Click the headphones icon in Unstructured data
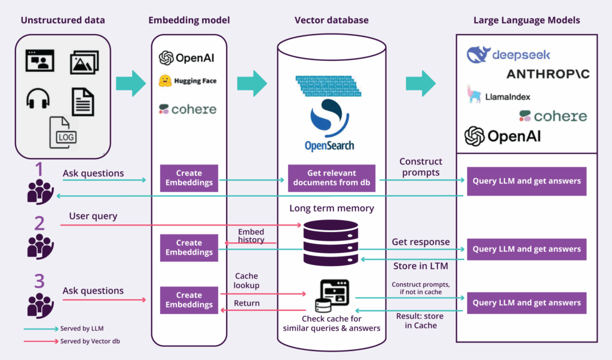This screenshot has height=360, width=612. point(38,99)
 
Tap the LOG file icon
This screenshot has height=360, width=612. point(63,132)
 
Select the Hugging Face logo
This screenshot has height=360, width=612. point(187,81)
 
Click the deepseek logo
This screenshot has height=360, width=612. point(509,55)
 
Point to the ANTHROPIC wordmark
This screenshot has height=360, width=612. point(547,74)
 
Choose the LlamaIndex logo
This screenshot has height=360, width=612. point(499,95)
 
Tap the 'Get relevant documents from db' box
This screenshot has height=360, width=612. point(331,178)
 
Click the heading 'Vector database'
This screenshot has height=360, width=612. point(331,20)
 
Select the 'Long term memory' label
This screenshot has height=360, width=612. point(331,209)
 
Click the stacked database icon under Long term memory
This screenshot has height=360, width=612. point(331,242)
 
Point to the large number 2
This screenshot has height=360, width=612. point(39,224)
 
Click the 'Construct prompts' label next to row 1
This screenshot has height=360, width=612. point(421,167)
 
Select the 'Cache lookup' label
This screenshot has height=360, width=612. point(246,281)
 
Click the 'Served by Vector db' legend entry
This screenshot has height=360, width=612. point(87,341)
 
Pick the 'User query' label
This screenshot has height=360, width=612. point(93,216)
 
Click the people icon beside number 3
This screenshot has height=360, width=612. point(40,305)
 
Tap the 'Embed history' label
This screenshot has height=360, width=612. point(251,236)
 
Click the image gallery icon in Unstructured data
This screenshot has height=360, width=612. point(84,62)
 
